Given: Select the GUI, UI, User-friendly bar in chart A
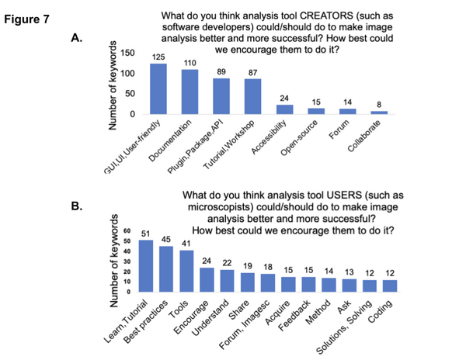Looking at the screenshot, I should (158, 88).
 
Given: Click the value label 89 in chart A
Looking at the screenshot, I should (221, 70).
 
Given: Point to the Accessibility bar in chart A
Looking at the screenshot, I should (285, 109).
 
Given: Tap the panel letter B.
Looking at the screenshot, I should (77, 207).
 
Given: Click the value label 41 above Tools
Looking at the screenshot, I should (186, 244).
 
